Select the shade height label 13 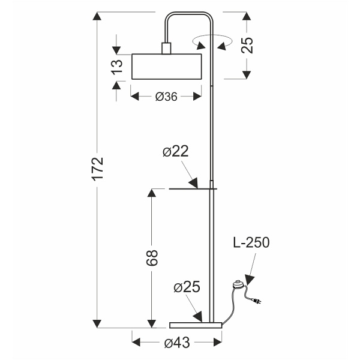[119, 66]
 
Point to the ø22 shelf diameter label [175, 152]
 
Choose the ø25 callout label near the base [186, 288]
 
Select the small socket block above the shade [166, 48]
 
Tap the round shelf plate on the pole [192, 189]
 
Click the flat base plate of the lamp [196, 325]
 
